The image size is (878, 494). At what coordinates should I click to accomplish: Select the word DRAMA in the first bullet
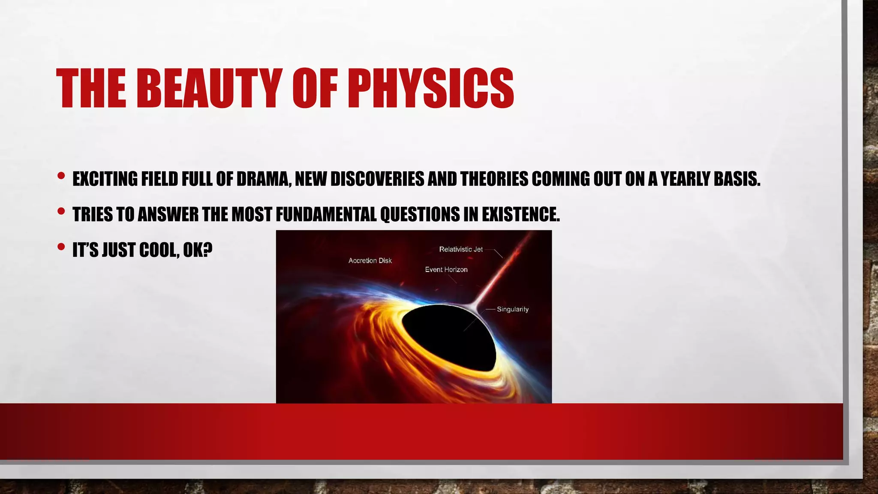[x=263, y=179]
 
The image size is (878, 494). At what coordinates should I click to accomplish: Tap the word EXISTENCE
[x=520, y=214]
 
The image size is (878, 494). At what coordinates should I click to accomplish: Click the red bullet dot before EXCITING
[x=61, y=176]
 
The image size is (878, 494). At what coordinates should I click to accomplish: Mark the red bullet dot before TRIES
[x=61, y=211]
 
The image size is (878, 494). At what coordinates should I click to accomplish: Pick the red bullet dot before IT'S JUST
[x=61, y=247]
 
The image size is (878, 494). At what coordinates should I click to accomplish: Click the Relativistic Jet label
[x=461, y=249]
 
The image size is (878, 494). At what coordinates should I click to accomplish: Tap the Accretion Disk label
[x=370, y=261]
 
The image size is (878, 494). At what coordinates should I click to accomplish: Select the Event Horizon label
[x=446, y=270]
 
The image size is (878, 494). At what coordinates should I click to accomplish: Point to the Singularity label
[x=512, y=309]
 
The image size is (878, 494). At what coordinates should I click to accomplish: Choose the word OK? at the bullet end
[x=198, y=250]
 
